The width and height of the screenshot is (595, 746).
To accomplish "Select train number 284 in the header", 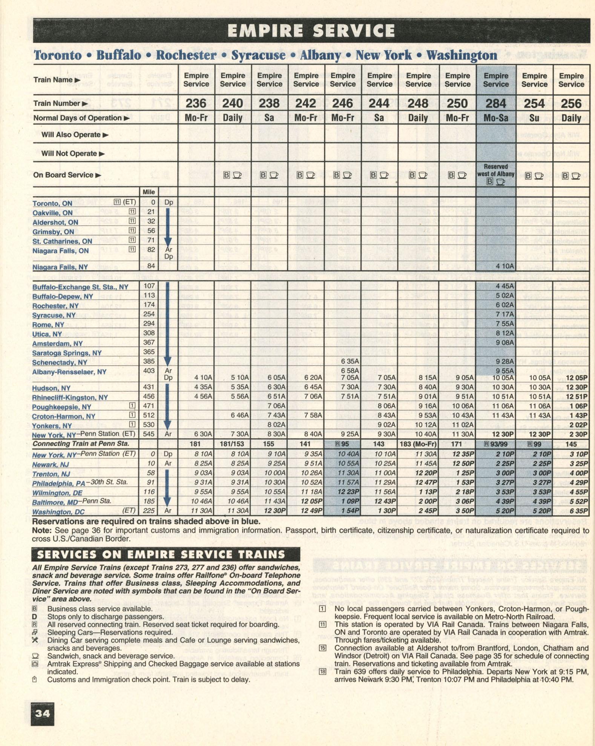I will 495,103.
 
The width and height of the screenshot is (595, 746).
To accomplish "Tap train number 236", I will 196,103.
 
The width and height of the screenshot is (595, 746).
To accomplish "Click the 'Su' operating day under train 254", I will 534,118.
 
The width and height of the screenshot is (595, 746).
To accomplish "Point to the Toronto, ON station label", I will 52,204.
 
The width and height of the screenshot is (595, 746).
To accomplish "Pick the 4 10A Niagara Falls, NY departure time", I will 505,266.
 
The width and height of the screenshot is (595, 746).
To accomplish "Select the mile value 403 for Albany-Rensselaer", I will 149,371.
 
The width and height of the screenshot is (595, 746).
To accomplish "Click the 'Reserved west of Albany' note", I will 495,170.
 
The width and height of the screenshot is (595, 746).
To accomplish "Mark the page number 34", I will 42,713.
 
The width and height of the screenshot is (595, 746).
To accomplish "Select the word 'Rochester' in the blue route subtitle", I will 186,55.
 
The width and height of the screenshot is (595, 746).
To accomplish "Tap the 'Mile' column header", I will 149,192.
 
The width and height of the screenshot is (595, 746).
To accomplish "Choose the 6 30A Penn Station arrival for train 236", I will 203,434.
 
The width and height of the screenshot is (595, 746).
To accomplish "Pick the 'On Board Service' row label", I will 63,175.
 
